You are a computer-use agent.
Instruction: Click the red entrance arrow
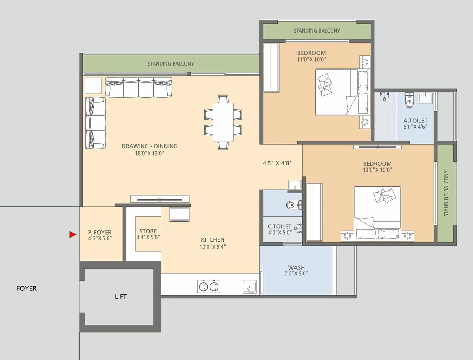coord(73,235)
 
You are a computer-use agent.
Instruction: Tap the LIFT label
coord(121,296)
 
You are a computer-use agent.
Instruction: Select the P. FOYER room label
coord(100,233)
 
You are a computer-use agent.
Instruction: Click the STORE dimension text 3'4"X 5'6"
coord(148,237)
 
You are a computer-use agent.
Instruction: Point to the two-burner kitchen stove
coord(208,287)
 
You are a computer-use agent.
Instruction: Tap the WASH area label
coord(296,268)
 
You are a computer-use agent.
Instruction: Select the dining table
coord(223,122)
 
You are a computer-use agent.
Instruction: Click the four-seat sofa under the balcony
coord(139,87)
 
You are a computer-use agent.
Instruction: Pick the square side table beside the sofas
coord(93,85)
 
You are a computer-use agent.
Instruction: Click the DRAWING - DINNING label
coord(150,146)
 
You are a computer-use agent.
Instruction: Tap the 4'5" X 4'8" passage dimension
coord(277,163)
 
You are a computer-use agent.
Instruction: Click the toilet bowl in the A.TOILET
coord(409,102)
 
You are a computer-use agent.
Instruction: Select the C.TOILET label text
coord(279,226)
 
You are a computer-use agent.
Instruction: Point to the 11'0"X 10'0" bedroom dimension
coord(312,59)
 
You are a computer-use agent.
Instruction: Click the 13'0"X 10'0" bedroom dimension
coord(378,170)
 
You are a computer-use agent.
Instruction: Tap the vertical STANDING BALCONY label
coord(446,193)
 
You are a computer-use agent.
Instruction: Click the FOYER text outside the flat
coord(27,288)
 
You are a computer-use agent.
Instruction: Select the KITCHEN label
coord(213,240)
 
